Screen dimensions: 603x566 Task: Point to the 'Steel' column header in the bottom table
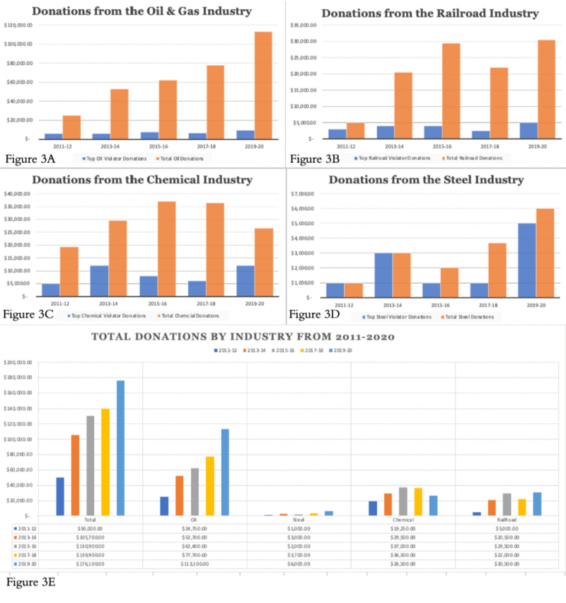(299, 519)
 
